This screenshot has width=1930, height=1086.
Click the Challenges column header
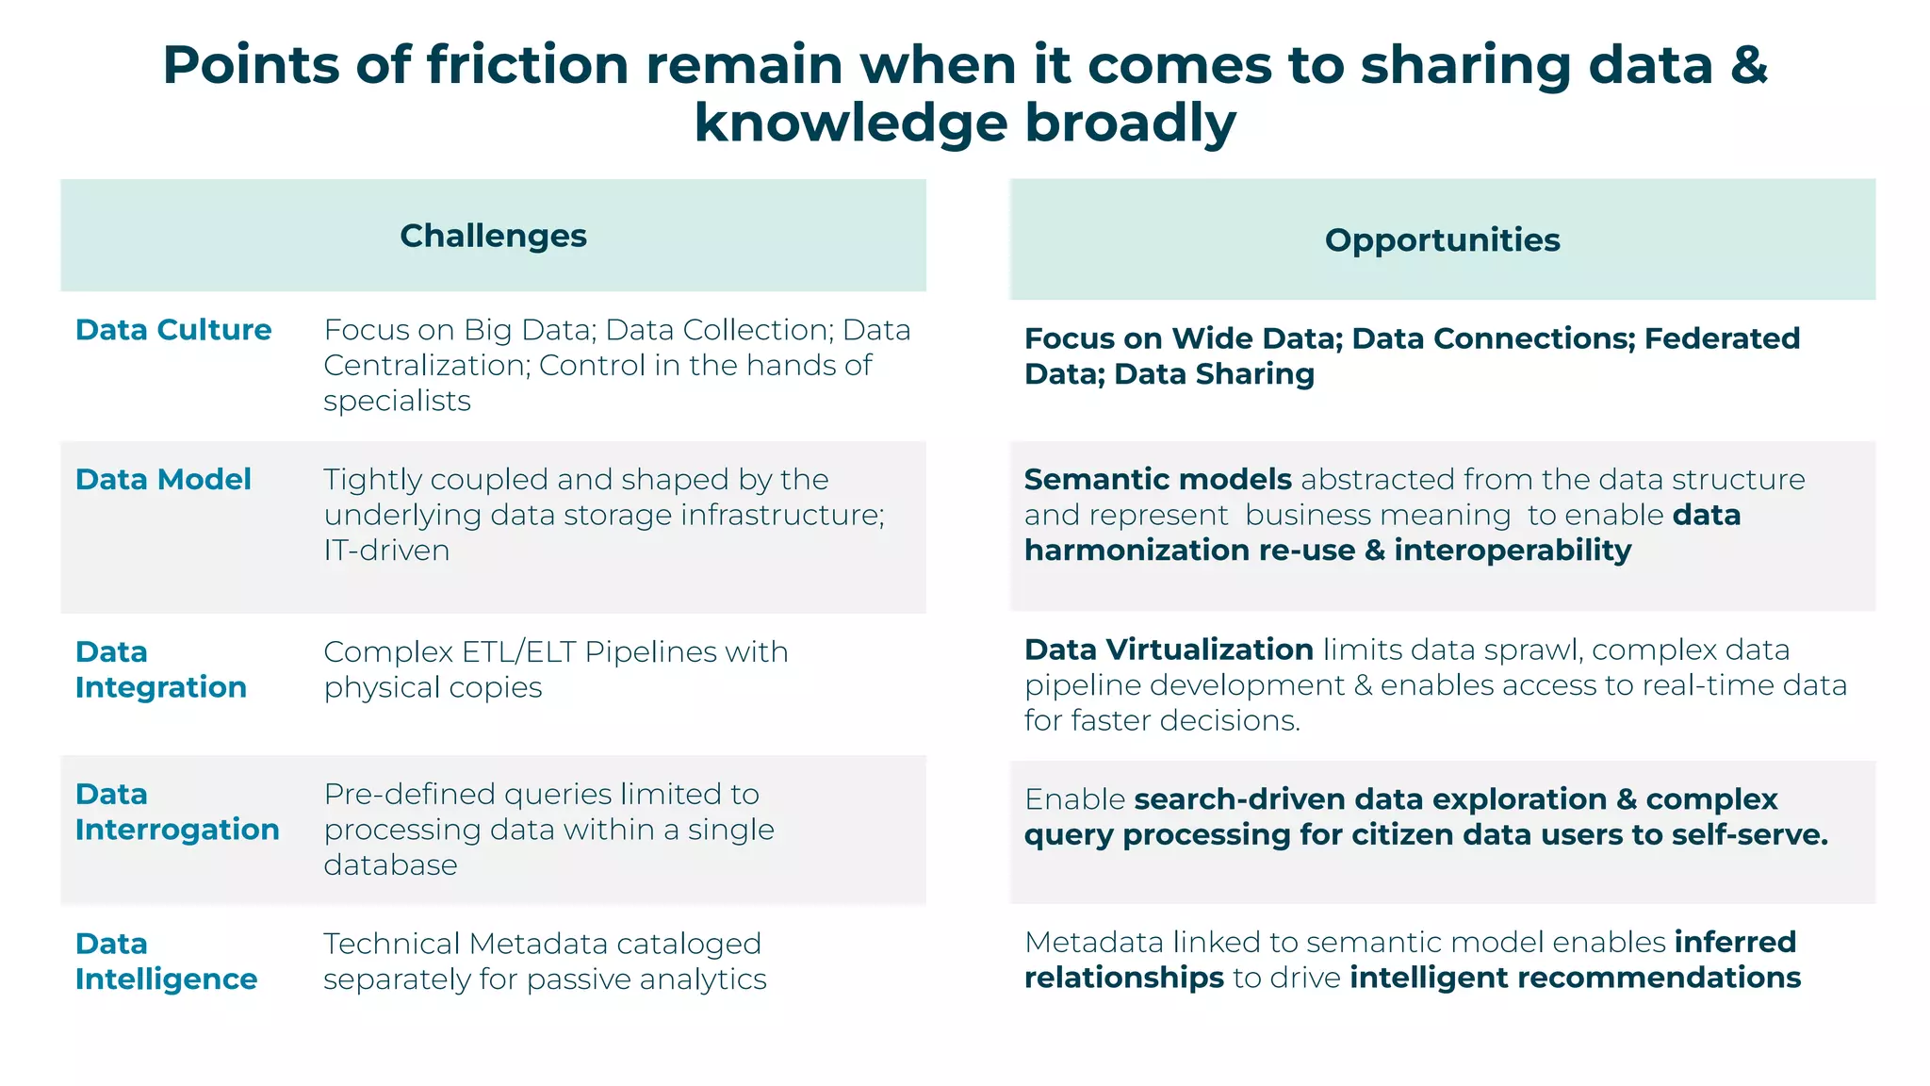coord(493,236)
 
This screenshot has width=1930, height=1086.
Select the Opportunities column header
coord(1442,240)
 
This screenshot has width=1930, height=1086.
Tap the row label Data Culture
coord(173,330)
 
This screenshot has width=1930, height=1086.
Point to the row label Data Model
coord(163,480)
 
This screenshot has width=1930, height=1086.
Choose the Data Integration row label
coord(161,669)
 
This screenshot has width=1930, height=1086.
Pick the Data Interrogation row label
coord(177,812)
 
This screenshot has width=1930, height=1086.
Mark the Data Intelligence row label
coord(166,962)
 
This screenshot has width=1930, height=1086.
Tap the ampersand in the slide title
coord(1748,65)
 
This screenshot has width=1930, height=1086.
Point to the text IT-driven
coord(386,551)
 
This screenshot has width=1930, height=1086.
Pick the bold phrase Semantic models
coord(1157,480)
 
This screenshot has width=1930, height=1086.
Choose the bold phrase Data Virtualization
coord(1169,650)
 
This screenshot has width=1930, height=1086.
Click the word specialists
coord(397,402)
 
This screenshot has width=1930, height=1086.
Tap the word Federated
coord(1722,338)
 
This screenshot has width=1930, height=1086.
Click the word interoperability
coord(1513,551)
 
